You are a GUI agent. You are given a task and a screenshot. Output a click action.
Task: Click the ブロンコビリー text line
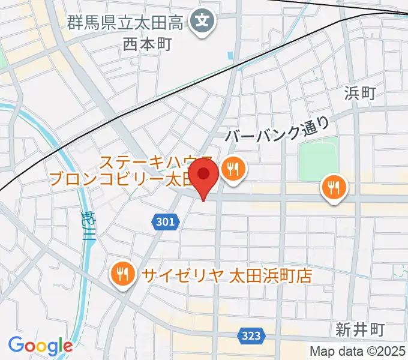pyautogui.click(x=120, y=179)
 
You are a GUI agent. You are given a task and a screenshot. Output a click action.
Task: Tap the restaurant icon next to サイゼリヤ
pyautogui.click(x=123, y=275)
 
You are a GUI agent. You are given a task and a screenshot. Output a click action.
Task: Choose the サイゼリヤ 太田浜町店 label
pyautogui.click(x=227, y=275)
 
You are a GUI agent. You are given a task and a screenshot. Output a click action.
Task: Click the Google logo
pyautogui.click(x=40, y=345)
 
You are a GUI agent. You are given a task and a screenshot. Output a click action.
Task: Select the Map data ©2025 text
pyautogui.click(x=357, y=351)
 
